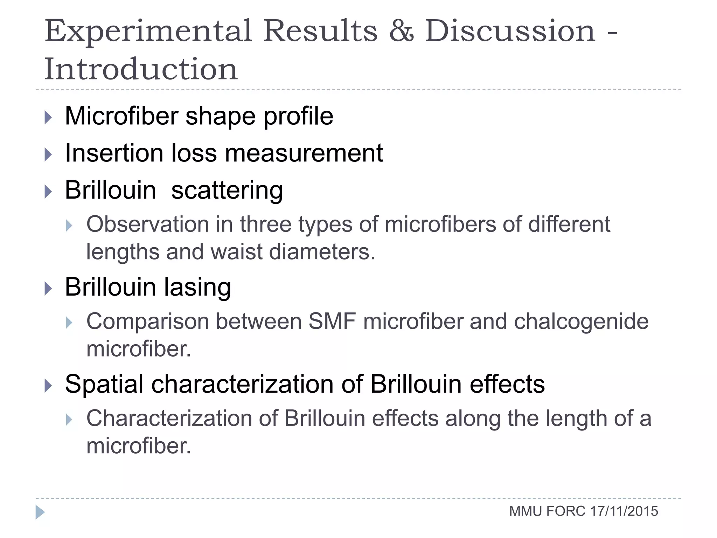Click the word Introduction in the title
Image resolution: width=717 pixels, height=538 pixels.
(141, 69)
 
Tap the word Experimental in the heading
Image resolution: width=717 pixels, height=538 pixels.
(148, 32)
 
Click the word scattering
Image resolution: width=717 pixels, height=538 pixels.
(227, 191)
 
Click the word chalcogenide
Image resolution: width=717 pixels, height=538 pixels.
(581, 322)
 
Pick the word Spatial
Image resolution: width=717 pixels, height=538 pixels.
(104, 384)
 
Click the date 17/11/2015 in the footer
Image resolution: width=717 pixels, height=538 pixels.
(624, 511)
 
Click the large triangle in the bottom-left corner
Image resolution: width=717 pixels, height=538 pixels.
(40, 512)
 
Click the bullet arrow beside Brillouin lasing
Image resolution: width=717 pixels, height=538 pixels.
(48, 289)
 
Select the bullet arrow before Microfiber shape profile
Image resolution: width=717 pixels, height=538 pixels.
(48, 118)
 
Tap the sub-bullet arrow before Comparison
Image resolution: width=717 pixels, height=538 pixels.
(69, 322)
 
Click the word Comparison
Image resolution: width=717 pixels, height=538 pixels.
(147, 322)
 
